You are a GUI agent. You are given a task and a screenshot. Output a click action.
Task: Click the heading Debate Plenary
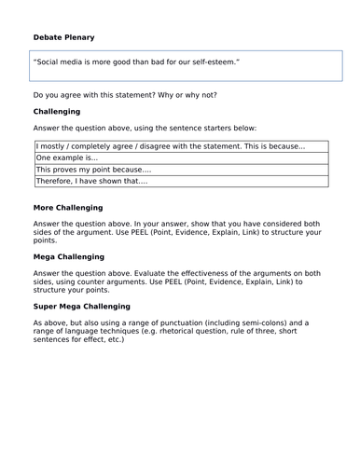coord(63,37)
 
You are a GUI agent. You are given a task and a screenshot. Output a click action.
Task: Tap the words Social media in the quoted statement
coord(63,62)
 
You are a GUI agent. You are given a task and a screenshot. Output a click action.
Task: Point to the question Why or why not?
coord(216,95)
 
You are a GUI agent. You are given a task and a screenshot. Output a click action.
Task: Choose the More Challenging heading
coord(68,207)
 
